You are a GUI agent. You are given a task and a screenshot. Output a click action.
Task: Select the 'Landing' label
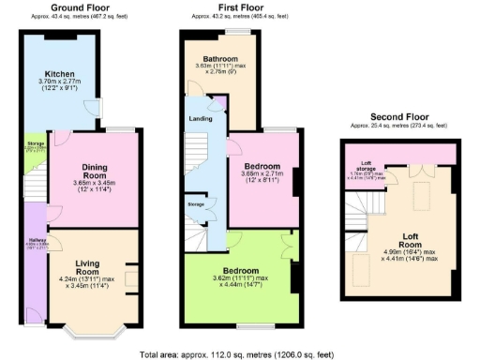(x=201, y=118)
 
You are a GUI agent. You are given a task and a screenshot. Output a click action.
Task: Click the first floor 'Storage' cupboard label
(x=196, y=203)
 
